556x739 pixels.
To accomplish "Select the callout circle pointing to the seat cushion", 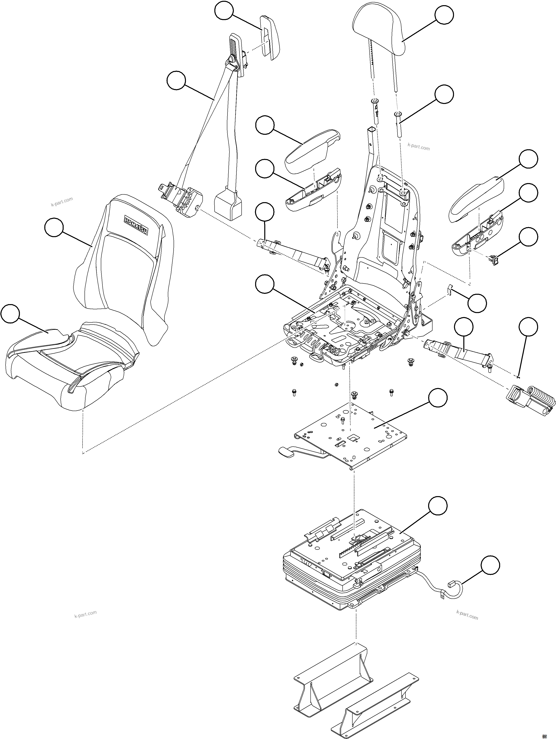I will [10, 313].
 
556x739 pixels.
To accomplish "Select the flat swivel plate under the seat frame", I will [351, 434].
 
